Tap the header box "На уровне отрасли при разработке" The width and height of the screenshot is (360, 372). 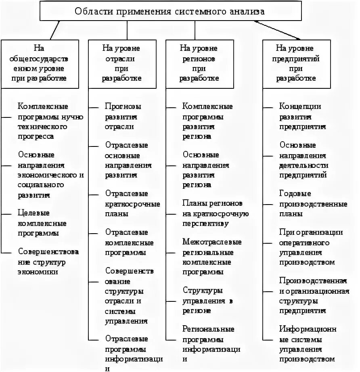tap(121, 63)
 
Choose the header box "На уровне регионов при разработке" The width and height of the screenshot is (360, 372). tap(199, 63)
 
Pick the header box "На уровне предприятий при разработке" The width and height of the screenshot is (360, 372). tap(297, 63)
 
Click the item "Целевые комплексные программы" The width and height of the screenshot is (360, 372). tap(42, 223)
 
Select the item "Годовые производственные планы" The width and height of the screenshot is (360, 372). tap(312, 204)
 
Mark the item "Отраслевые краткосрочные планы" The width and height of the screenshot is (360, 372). tap(132, 204)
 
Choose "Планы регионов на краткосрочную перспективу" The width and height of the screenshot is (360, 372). tap(215, 213)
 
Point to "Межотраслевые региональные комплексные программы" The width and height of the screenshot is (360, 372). tap(211, 257)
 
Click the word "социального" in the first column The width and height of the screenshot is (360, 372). tap(41, 185)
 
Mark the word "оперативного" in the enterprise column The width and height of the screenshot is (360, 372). tap(303, 243)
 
